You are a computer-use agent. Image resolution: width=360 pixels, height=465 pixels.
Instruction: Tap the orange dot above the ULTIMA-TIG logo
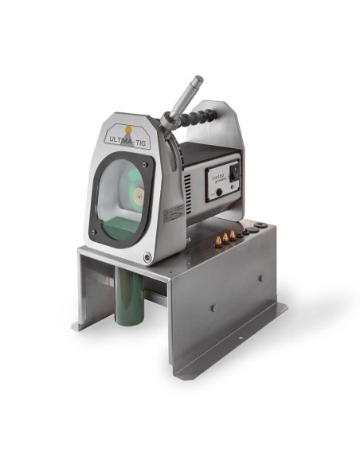(x=127, y=127)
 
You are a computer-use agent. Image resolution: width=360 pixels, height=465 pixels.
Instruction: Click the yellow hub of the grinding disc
(x=136, y=194)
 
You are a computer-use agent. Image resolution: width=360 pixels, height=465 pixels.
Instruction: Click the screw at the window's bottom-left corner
(x=94, y=232)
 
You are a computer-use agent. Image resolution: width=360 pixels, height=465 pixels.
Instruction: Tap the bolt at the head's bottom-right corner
(x=147, y=256)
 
